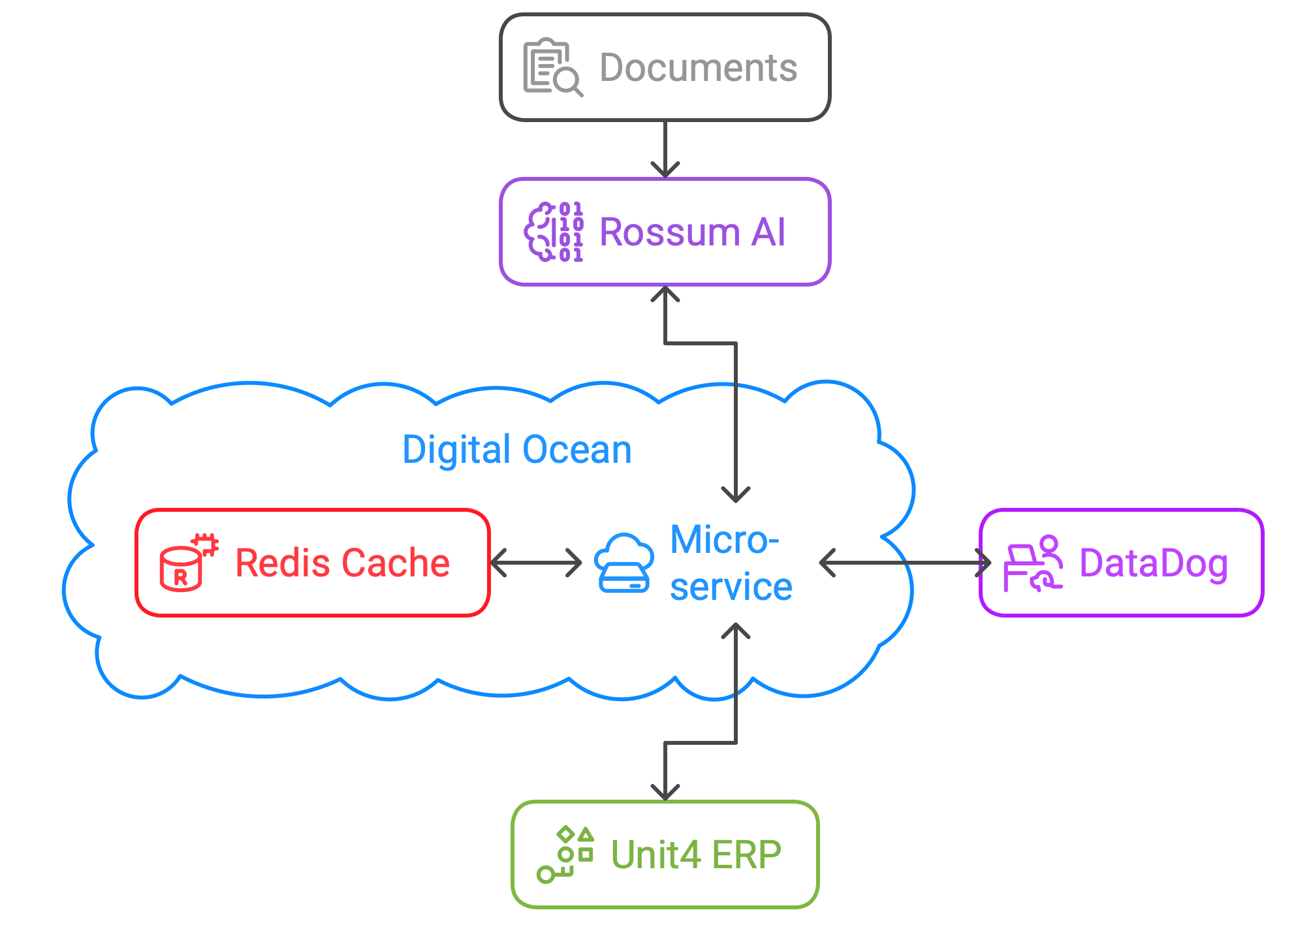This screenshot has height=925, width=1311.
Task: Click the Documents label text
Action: pos(698,68)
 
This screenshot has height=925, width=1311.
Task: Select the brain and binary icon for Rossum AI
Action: pos(554,232)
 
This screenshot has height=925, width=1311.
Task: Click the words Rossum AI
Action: pos(692,232)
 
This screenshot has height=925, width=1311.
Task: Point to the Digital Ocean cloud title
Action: pos(517,450)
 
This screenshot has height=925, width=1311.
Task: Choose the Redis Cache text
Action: pos(342,563)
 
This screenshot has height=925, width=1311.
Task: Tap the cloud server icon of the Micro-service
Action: pos(624,563)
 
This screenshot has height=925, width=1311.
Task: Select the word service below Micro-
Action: pos(731,587)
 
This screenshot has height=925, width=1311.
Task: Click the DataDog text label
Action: pos(1154,563)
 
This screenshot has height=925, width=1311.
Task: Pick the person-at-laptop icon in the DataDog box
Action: pos(1033,563)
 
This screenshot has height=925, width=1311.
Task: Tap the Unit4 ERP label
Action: pos(695,854)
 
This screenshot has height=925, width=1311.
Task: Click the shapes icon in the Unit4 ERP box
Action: pos(565,854)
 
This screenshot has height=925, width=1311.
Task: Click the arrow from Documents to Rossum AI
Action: pos(665,149)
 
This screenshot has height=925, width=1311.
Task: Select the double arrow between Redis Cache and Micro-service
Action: pos(536,563)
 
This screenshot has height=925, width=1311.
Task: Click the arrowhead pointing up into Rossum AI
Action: pos(665,294)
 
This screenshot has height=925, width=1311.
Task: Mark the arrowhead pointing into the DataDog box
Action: pos(984,563)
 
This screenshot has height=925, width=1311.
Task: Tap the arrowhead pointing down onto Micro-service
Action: pos(736,495)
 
